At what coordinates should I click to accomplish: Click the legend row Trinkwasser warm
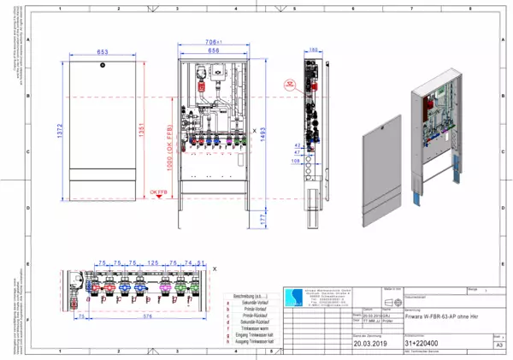pos(255,328)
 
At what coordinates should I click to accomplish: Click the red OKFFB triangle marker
pos(150,194)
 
